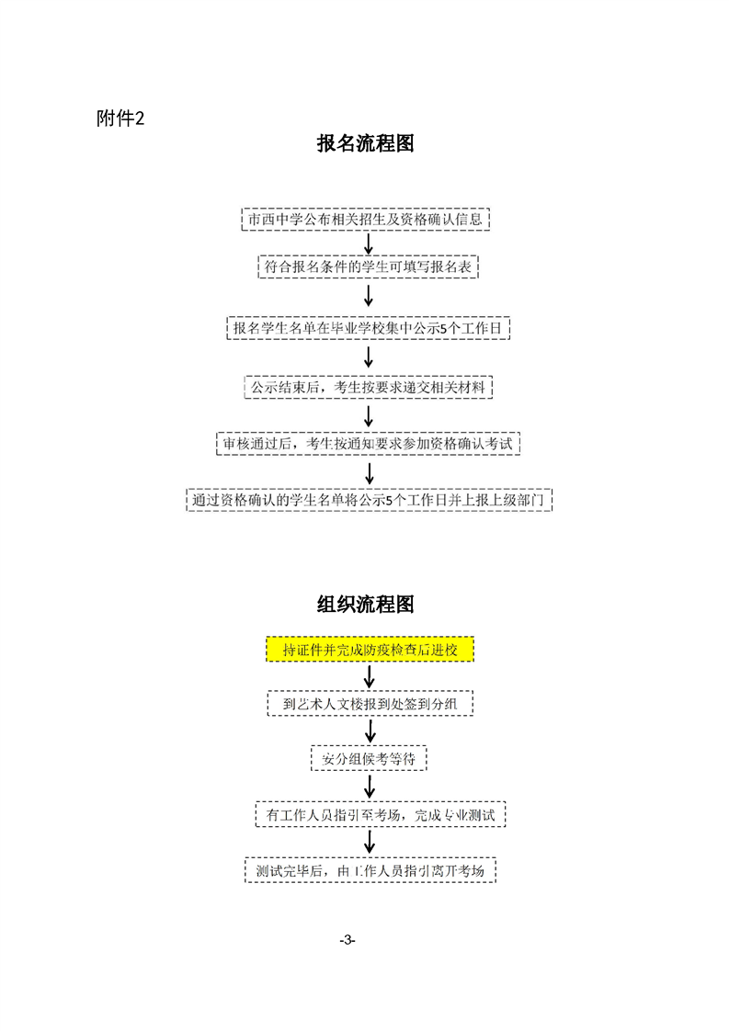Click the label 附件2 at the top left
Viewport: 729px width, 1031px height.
[x=120, y=119]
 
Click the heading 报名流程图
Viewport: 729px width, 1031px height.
[x=365, y=143]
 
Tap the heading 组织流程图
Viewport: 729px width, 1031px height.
[x=365, y=605]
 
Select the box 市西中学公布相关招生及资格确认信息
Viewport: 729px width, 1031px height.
[x=366, y=220]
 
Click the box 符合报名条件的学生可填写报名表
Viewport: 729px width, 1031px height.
[x=368, y=267]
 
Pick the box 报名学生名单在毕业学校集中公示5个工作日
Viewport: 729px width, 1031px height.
[x=369, y=328]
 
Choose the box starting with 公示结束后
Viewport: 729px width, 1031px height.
[x=369, y=387]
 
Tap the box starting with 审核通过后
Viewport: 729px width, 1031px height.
[x=369, y=444]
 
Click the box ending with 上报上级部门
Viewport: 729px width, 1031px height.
[x=370, y=500]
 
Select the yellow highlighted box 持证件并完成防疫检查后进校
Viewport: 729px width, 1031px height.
[x=370, y=650]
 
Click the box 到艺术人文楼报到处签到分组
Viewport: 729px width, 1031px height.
[x=370, y=704]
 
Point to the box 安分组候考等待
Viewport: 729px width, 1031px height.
[x=370, y=758]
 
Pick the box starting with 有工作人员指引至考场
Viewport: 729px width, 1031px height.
[x=381, y=815]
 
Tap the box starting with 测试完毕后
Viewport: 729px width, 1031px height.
[x=370, y=870]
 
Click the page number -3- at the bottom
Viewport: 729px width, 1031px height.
[x=347, y=940]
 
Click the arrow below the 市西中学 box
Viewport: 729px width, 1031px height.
[x=369, y=244]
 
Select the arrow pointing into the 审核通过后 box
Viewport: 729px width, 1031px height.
[x=369, y=416]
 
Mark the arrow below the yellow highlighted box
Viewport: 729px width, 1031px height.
[x=370, y=676]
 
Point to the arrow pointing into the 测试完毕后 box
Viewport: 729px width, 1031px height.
[x=370, y=843]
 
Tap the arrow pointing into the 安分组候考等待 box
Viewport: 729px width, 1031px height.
[x=370, y=731]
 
